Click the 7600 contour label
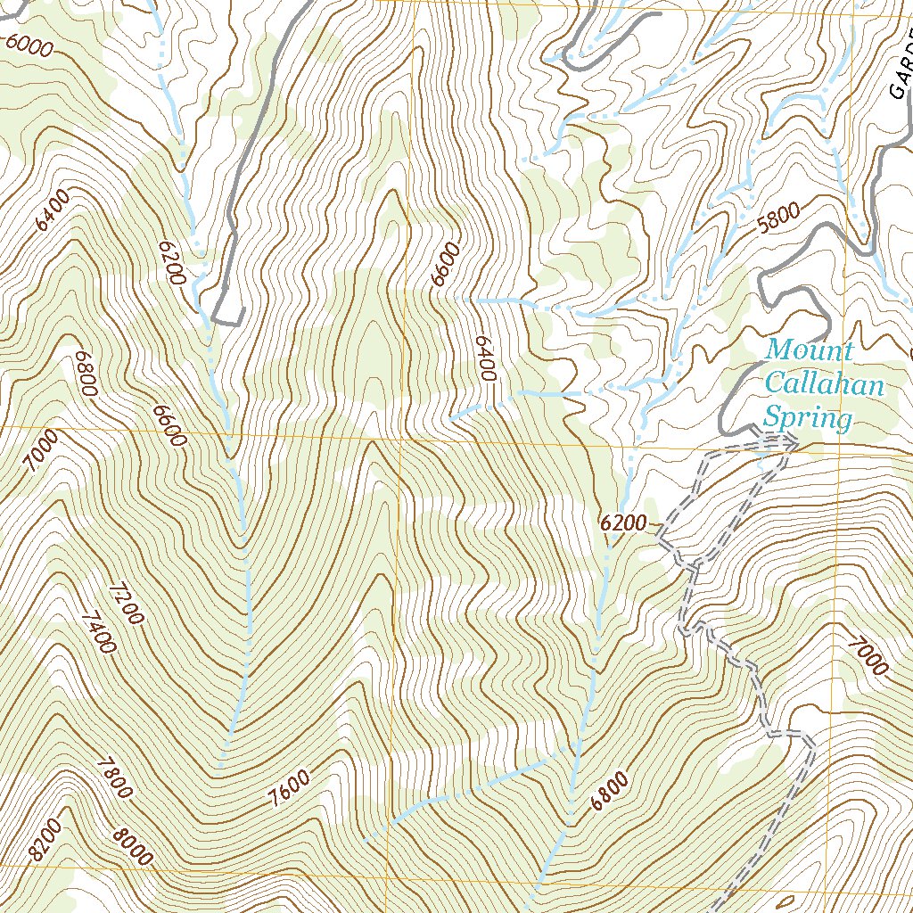[x=290, y=790]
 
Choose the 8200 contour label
[x=45, y=840]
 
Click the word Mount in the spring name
[x=810, y=350]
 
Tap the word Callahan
[x=824, y=384]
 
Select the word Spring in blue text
[x=806, y=417]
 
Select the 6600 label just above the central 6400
[x=444, y=264]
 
